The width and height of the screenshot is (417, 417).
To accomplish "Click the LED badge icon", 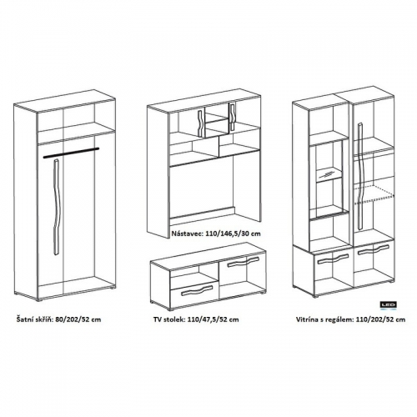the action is point(389,304).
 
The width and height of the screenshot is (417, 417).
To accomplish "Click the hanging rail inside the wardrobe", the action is point(71,153).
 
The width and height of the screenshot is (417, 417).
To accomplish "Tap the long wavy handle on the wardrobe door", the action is point(57,207).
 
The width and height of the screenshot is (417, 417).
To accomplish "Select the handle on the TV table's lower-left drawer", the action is point(197,289).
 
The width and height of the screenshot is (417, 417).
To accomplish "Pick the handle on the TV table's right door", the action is point(243,262).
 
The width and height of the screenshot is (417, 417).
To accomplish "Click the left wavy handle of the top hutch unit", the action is point(199,123).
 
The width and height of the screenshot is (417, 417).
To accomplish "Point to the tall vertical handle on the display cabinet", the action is point(361,177).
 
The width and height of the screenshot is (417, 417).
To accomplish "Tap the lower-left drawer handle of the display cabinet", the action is point(333,259).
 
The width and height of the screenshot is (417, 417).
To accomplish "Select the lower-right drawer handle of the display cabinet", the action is point(374,249).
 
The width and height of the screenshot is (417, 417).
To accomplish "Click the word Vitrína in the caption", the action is point(306,319).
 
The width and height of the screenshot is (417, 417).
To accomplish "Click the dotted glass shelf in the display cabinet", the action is point(374,195).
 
